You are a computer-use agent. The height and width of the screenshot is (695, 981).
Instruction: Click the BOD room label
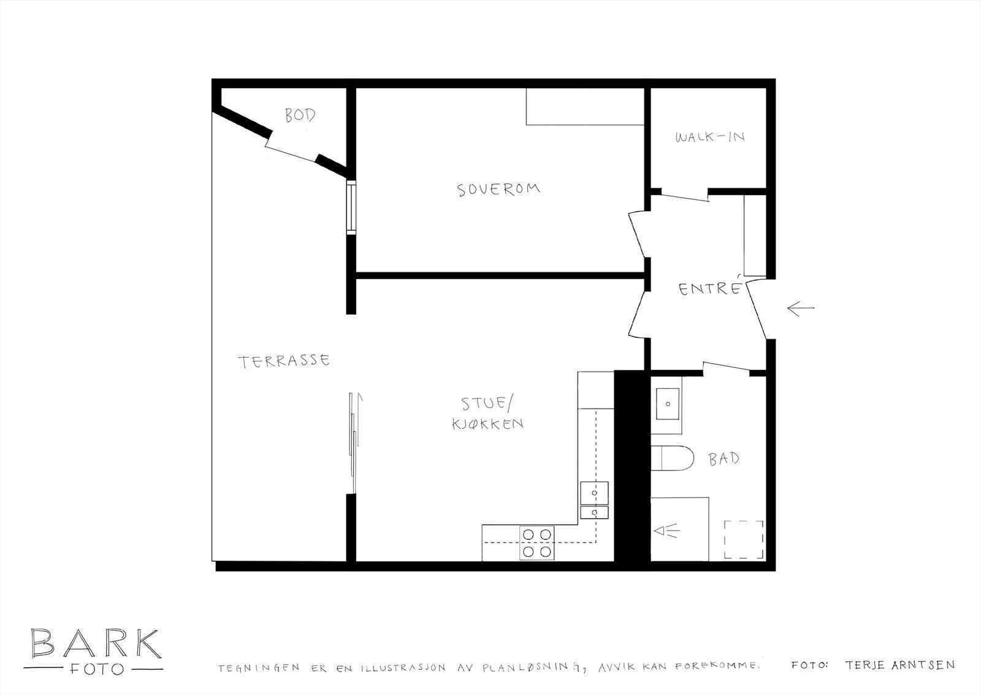point(300,115)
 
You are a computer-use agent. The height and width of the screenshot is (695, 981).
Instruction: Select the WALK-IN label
point(710,137)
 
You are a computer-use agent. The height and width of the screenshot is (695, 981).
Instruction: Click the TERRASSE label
point(284,361)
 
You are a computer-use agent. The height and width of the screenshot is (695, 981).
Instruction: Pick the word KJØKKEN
point(487,423)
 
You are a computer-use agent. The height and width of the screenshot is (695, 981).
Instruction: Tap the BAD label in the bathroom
point(723,459)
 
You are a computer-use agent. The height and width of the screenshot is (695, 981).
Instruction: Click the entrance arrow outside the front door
point(801,309)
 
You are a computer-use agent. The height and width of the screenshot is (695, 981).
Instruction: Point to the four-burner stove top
point(537,543)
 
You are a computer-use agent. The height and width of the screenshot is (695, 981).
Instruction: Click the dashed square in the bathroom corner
point(744,539)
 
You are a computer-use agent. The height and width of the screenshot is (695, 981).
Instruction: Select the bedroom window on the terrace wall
point(351,207)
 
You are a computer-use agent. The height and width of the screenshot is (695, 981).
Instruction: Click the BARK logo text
point(96,643)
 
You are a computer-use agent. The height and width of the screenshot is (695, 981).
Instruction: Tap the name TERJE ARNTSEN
point(899,665)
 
